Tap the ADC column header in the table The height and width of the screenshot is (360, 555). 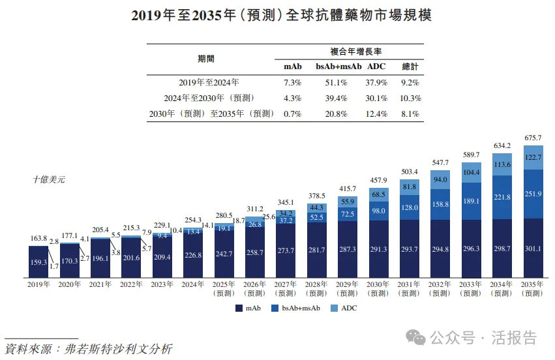click(x=377, y=67)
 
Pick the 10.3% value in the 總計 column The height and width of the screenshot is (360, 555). click(x=410, y=98)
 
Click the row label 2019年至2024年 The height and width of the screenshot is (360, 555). click(x=209, y=83)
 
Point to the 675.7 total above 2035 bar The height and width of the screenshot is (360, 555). click(x=534, y=138)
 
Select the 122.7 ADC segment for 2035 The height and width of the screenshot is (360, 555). click(x=534, y=158)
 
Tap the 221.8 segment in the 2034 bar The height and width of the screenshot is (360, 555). click(x=503, y=197)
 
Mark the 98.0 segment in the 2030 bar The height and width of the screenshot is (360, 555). click(x=378, y=211)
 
